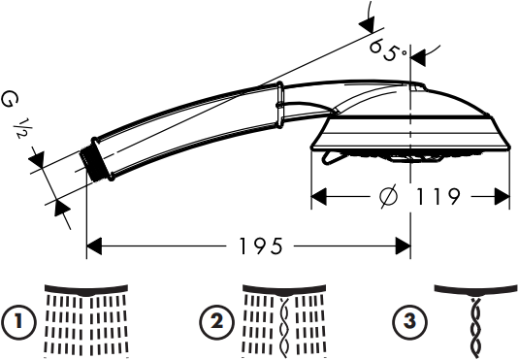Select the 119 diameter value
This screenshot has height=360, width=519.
pos(435,197)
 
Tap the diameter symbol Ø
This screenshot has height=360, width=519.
pos(386,197)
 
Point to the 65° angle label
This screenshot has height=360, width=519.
pos(388,49)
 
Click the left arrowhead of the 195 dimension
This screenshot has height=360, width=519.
pos(94,246)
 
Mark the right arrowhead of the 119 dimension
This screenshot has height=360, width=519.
pos(503,197)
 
